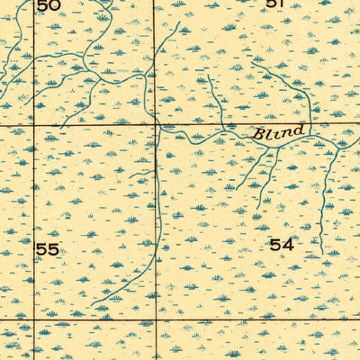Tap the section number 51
coord(274,4)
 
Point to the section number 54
coord(281,244)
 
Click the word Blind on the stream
coord(278,133)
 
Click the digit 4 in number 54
coord(287,244)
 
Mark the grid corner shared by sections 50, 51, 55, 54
coord(155,125)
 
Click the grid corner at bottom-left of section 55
coord(34,319)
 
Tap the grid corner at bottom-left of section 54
coord(155,319)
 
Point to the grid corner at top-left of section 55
coord(34,125)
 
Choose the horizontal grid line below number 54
coord(270,319)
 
